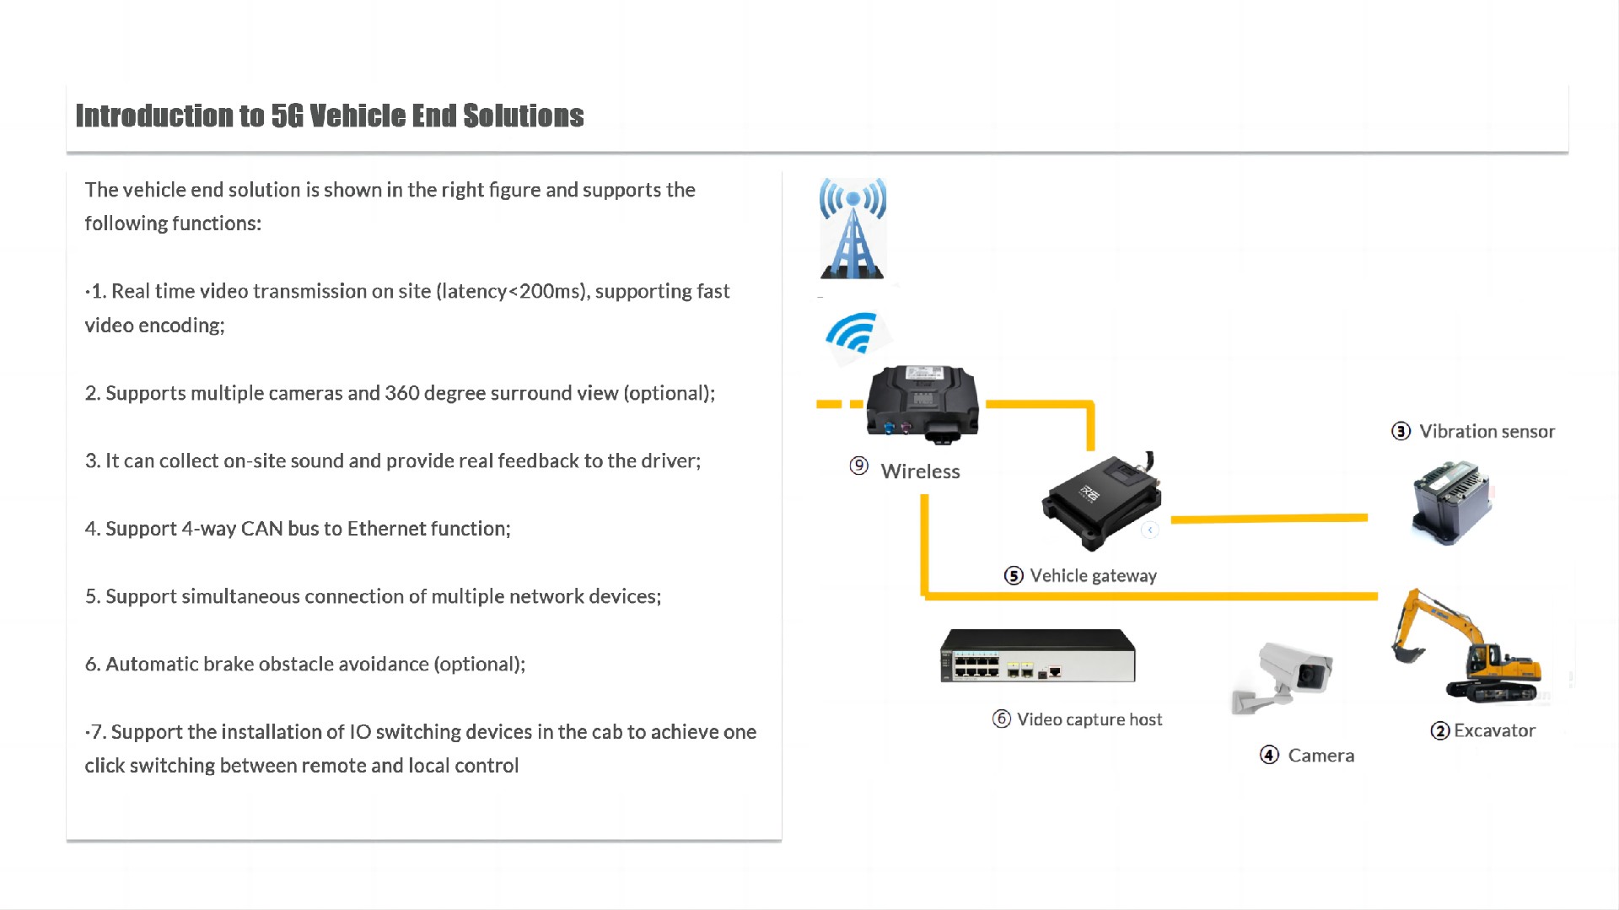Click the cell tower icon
(x=853, y=229)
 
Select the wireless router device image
(x=923, y=403)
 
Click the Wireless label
(x=920, y=471)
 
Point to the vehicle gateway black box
(x=1101, y=503)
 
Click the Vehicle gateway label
(x=1093, y=576)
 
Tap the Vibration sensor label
(x=1487, y=432)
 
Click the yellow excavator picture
(x=1468, y=648)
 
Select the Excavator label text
(x=1494, y=730)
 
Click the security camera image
(x=1283, y=676)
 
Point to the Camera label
(x=1320, y=756)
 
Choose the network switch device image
(x=1038, y=655)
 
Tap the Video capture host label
(x=1089, y=719)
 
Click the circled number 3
(x=1401, y=432)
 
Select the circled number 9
(x=858, y=466)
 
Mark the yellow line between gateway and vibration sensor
(x=1269, y=519)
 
